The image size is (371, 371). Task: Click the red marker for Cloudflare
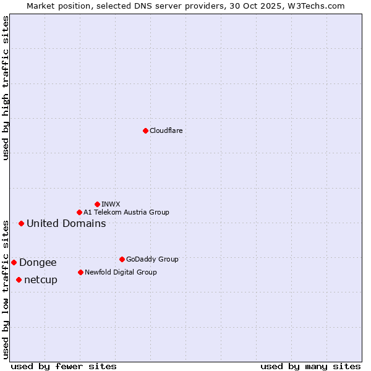[x=145, y=130]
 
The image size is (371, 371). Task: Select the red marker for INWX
[x=97, y=204]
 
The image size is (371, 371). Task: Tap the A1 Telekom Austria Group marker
[x=79, y=212]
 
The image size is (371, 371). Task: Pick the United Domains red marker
[x=21, y=223]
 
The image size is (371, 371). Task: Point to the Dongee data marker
[x=14, y=262]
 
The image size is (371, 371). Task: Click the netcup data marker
[x=19, y=279]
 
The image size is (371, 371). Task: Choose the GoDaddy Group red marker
[x=122, y=259]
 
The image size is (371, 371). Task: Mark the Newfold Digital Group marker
[x=80, y=272]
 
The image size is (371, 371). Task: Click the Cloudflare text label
[x=166, y=130]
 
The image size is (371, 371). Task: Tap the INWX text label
[x=111, y=204]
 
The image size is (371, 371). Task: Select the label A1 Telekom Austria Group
[x=126, y=212]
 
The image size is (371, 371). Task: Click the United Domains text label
[x=66, y=223]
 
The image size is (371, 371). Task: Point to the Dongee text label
[x=38, y=262]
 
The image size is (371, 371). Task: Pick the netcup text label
[x=41, y=279]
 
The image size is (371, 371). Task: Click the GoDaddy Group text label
[x=152, y=259]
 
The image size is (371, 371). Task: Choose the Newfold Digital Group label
[x=121, y=272]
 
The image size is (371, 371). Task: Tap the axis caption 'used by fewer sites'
[x=64, y=366]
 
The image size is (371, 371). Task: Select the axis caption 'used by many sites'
[x=310, y=366]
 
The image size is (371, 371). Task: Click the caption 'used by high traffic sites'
[x=6, y=88]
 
